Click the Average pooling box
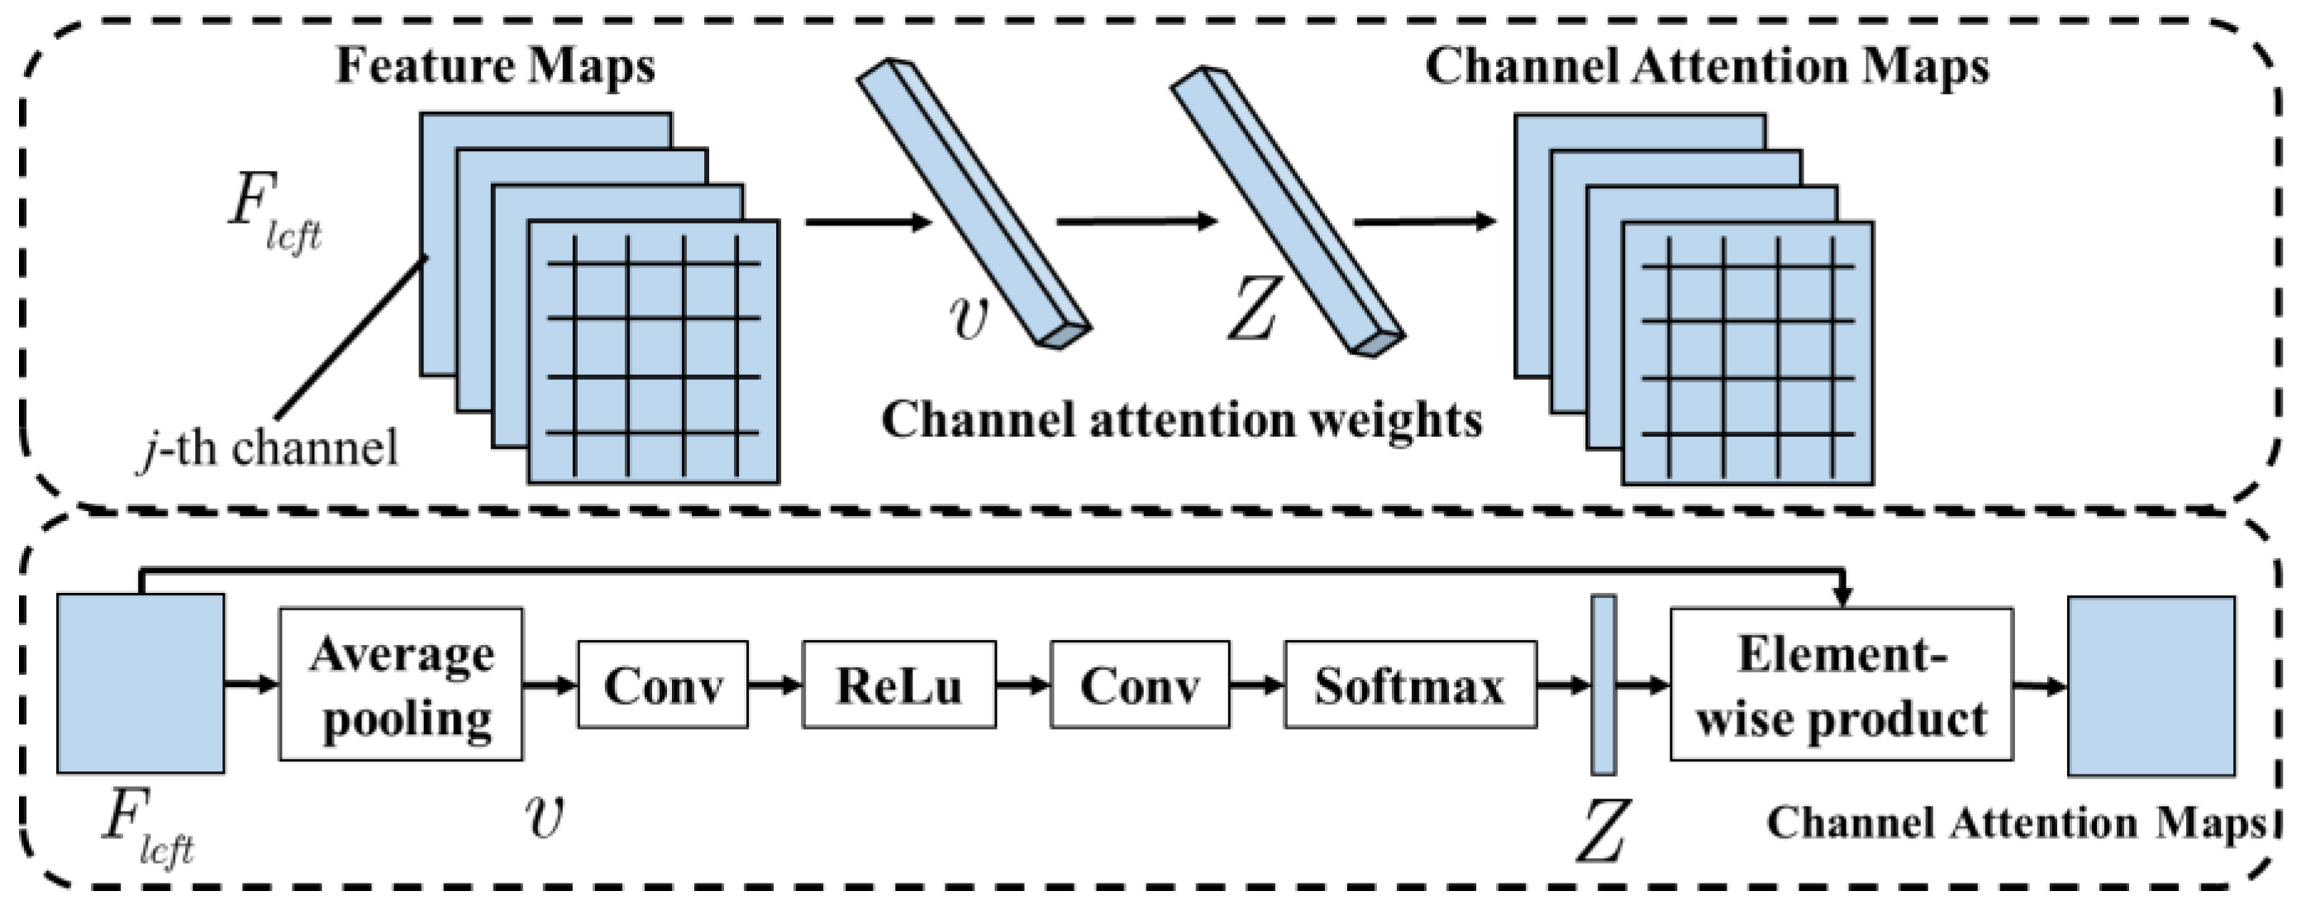pos(400,685)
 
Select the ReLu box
pos(898,685)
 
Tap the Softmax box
pos(1409,685)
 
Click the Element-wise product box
pos(1841,685)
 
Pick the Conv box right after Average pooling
pos(661,685)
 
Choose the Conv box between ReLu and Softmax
pos(1139,685)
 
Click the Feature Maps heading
pos(495,66)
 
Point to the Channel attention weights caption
pos(1182,419)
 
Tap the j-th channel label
pos(269,448)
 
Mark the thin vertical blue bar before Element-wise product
pos(1603,685)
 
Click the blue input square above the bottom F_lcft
pos(141,683)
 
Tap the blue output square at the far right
pos(2151,686)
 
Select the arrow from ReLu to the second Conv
pos(1022,685)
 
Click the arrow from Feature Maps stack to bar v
pos(869,221)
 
